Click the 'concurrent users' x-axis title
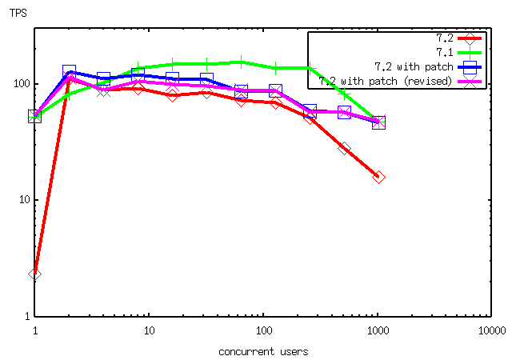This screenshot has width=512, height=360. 262,351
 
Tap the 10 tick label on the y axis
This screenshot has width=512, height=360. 22,200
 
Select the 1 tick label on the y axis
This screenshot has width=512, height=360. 24,316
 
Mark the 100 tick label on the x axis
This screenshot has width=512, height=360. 263,330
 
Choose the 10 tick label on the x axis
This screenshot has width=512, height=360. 149,330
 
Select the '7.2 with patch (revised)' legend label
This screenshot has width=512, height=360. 386,81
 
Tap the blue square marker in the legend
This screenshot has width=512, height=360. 470,66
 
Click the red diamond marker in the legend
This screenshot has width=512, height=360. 470,38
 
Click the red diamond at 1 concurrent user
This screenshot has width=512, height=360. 34,274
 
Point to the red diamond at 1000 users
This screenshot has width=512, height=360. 378,177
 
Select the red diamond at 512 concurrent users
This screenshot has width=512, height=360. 344,149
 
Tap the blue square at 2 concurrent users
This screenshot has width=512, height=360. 69,72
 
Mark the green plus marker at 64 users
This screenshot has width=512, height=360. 241,62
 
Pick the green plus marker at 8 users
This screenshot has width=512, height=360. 138,68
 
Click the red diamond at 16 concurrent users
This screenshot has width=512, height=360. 172,95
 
